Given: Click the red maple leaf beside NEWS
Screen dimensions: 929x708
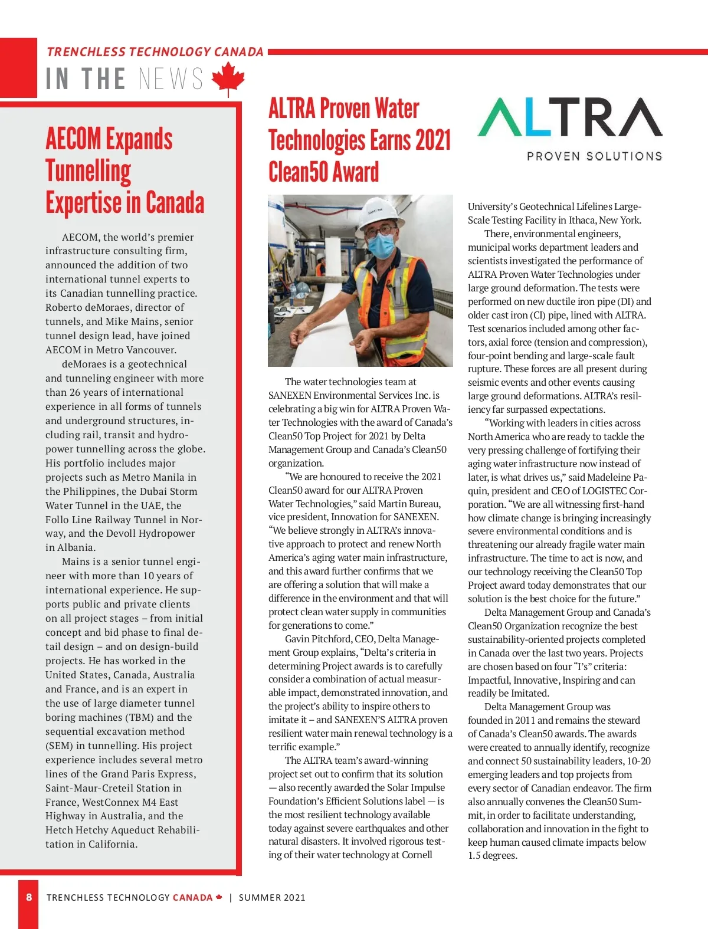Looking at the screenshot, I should click(228, 80).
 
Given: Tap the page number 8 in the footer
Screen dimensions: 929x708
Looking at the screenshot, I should click(29, 897).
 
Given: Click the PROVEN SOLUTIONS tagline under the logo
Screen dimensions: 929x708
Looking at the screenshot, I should click(594, 156).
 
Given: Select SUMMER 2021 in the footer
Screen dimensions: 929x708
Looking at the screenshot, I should click(272, 898).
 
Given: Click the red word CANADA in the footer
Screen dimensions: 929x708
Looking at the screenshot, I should click(192, 898).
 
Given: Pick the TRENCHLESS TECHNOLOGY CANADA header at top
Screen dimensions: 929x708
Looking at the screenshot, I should click(155, 52).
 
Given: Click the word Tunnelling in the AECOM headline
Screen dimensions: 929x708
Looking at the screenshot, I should click(88, 171).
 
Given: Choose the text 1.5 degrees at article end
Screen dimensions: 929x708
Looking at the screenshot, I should click(492, 856).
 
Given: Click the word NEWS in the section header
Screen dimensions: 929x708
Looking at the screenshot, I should click(171, 79).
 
